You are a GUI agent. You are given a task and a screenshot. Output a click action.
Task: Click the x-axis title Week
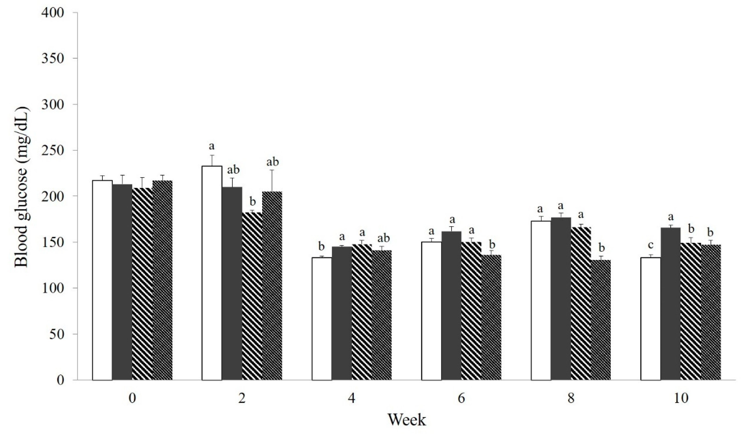pos(407,420)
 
